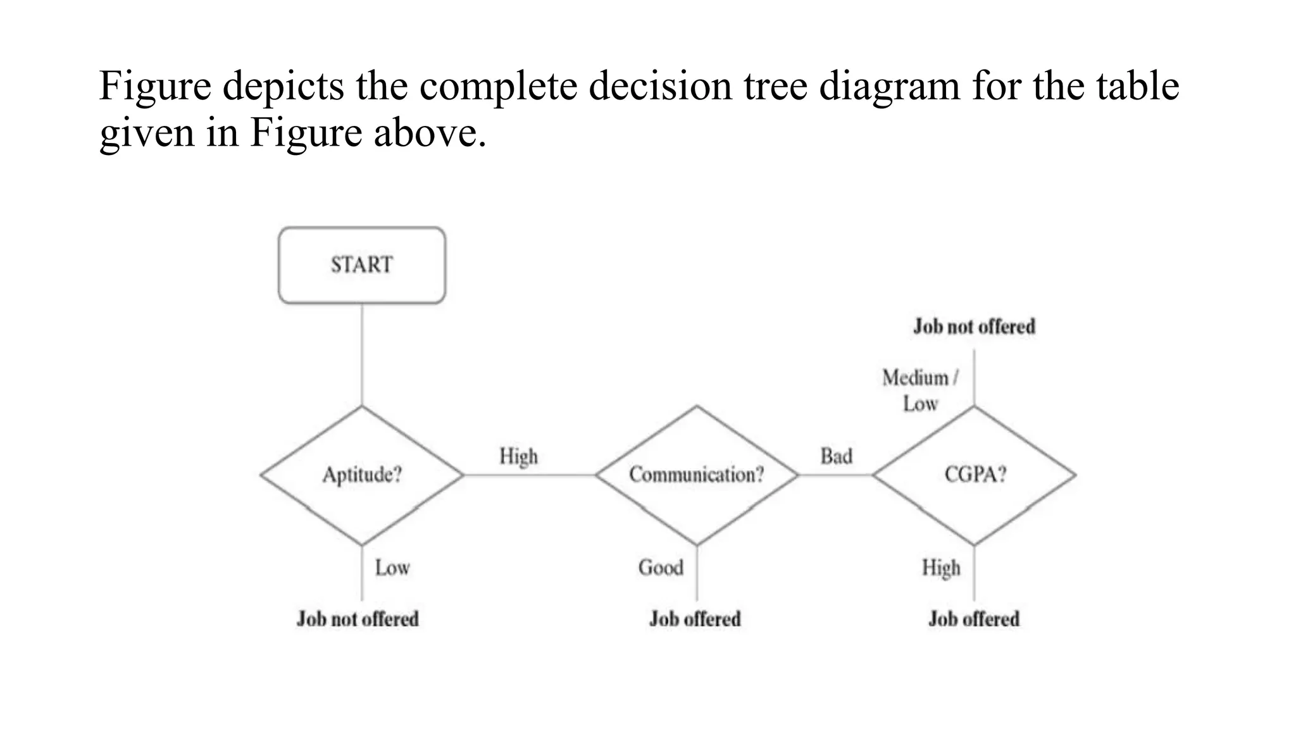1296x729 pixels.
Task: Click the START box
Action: coord(362,265)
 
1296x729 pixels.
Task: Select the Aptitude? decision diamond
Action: coord(362,475)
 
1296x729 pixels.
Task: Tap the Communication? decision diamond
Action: coord(697,475)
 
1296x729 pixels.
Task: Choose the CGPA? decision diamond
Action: coord(975,475)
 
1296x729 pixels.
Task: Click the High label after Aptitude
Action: coord(518,456)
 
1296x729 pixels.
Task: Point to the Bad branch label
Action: coord(836,456)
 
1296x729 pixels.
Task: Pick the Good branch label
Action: coord(661,568)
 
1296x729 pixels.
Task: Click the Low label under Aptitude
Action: coord(392,568)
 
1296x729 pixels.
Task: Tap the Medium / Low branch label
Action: coord(920,390)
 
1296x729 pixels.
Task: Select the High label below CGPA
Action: coord(941,568)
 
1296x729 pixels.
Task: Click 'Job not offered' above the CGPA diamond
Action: coord(974,327)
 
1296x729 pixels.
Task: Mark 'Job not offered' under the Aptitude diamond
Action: coord(358,619)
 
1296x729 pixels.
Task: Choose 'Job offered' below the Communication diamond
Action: coord(695,619)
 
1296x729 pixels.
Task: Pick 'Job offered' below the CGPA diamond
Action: coord(974,619)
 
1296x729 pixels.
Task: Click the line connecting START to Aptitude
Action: coord(362,354)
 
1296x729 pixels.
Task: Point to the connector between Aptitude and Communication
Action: coord(529,475)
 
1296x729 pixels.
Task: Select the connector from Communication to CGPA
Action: coord(835,475)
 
